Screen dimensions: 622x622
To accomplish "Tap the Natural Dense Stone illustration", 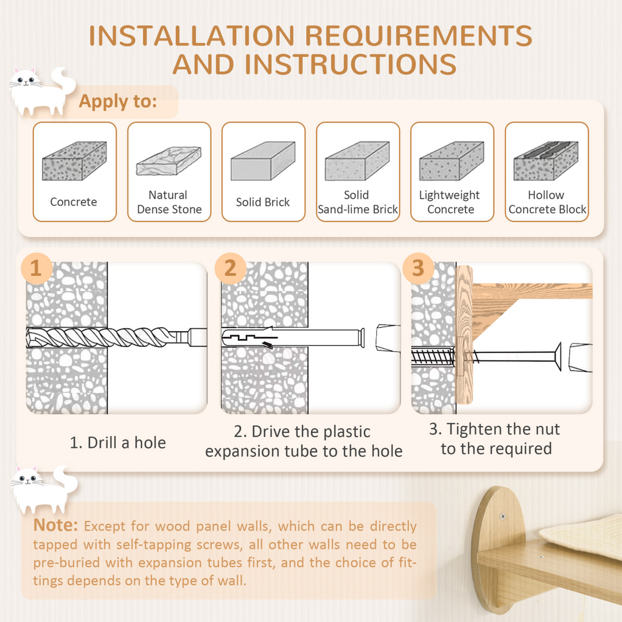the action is (x=169, y=161).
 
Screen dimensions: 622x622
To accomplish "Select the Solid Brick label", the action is (x=263, y=202).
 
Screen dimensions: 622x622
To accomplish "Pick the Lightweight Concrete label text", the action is (x=450, y=202).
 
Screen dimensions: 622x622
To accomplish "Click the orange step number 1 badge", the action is (x=36, y=268).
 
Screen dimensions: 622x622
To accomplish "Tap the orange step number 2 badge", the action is (x=230, y=268).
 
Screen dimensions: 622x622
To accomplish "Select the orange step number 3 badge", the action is (x=419, y=268).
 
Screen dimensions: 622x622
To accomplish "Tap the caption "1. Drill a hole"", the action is (x=117, y=442).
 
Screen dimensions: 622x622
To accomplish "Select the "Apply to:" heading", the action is (x=117, y=102).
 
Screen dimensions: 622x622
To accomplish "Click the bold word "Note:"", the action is (x=55, y=525).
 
